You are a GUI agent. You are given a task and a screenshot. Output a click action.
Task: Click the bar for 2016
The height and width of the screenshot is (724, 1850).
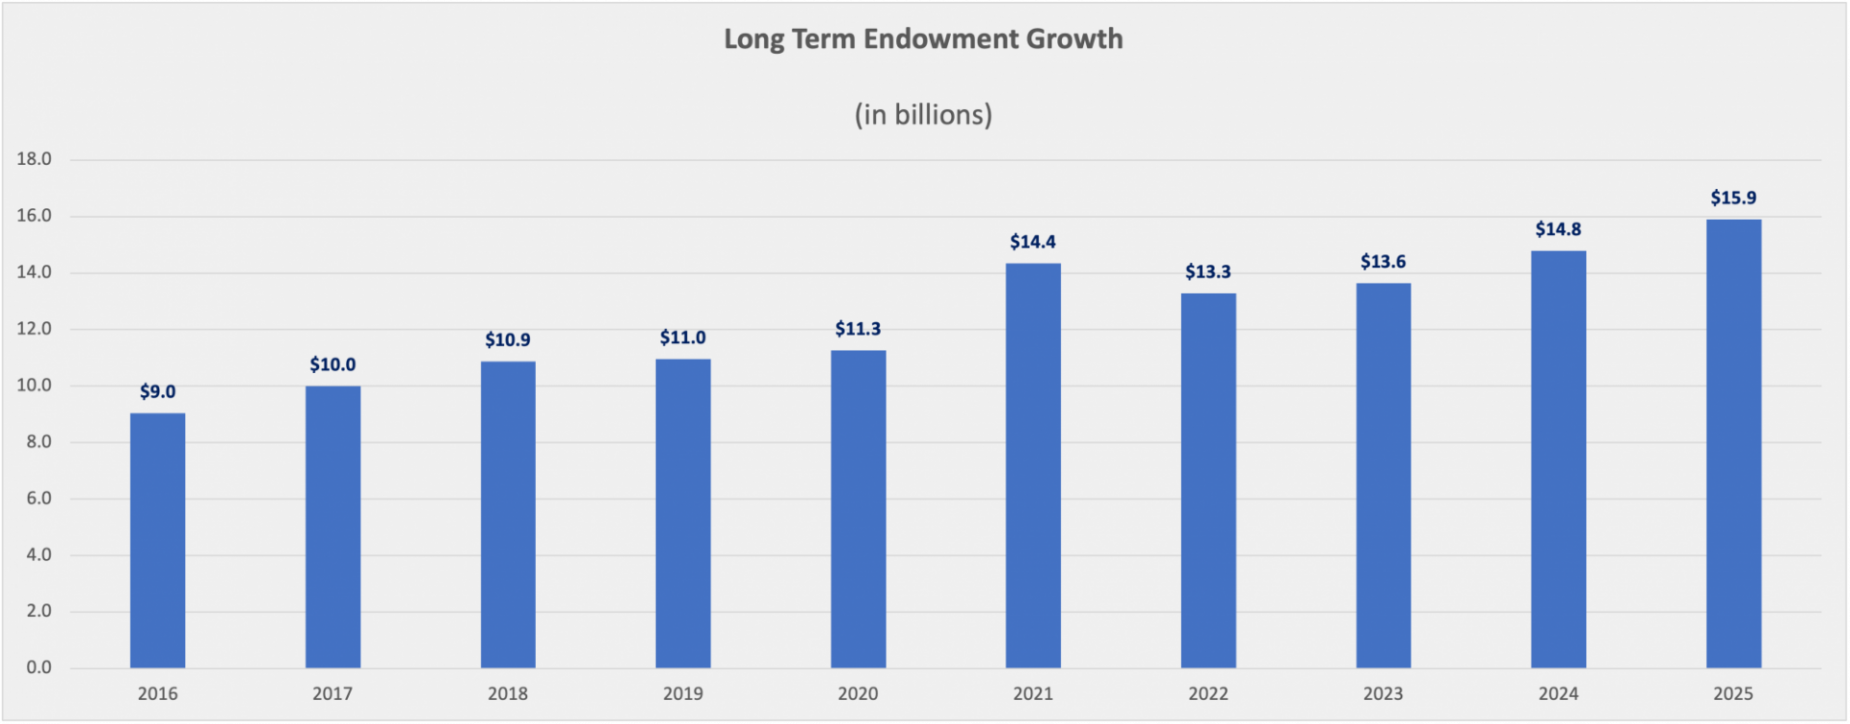coord(157,540)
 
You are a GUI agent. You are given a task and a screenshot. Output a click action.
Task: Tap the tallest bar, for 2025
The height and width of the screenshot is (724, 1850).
coord(1733,443)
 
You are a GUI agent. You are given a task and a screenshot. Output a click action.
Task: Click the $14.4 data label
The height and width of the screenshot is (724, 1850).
coord(1033,242)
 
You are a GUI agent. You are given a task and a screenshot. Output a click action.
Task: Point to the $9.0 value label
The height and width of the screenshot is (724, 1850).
coord(157,392)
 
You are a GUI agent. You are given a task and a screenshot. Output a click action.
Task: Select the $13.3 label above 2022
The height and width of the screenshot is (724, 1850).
coord(1207,272)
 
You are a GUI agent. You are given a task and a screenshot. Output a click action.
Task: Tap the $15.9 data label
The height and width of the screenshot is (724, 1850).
coord(1733,199)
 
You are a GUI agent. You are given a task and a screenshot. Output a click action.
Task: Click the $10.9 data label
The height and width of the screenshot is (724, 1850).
coord(508,340)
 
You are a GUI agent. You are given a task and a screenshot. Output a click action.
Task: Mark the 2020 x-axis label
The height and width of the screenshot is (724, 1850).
coord(858,694)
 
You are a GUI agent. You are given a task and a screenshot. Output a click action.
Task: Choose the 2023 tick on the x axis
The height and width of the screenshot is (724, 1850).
coord(1383,694)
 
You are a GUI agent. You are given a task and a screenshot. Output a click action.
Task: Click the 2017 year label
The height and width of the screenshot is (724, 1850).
coord(332,694)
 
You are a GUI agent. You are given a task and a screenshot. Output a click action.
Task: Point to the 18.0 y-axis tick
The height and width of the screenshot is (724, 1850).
coord(34,159)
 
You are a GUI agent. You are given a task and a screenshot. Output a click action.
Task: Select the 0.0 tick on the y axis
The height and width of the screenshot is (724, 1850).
coord(39,667)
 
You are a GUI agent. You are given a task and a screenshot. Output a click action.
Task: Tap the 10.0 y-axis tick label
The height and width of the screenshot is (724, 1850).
coord(34,386)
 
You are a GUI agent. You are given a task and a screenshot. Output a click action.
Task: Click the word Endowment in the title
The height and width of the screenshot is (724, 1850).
coord(940,40)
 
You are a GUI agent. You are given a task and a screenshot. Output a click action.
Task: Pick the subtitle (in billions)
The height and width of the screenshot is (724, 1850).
coord(923,115)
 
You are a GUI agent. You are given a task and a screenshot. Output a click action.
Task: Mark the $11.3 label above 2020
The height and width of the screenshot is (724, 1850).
coord(858,330)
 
